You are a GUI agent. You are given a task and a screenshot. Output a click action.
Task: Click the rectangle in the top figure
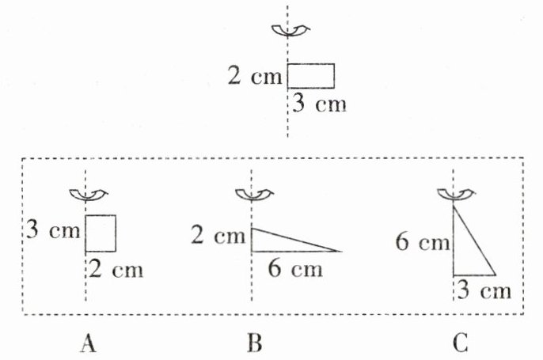[x=310, y=76]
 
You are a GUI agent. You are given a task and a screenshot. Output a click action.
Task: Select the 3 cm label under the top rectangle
[x=320, y=104]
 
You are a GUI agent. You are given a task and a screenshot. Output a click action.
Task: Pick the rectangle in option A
[x=101, y=233]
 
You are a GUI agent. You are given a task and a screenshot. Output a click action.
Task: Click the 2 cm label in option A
[x=116, y=270]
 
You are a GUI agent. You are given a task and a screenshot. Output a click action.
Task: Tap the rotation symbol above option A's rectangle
[x=85, y=195]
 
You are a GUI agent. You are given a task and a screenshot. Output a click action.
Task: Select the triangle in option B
[x=281, y=241]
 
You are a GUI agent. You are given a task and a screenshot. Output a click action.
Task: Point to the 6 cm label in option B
[x=295, y=269]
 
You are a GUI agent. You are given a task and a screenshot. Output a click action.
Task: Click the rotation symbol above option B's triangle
[x=252, y=195]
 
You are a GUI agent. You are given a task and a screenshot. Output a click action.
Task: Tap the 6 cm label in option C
[x=423, y=242]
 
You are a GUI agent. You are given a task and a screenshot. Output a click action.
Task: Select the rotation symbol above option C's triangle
[x=453, y=195]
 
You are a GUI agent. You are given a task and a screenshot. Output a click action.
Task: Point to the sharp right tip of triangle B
[x=340, y=252]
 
